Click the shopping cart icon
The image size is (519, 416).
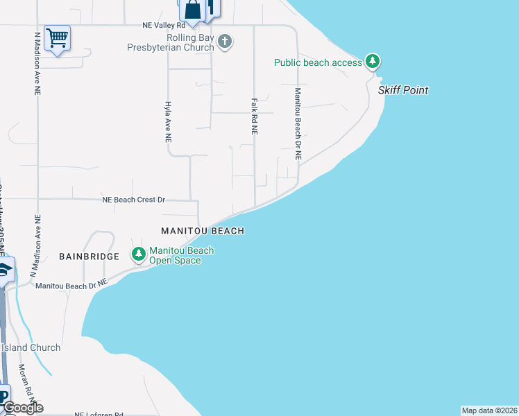(57, 37)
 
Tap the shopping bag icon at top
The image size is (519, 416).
(192, 10)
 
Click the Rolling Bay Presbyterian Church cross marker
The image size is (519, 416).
(224, 42)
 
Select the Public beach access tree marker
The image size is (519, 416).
(373, 62)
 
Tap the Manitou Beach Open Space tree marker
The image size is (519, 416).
(139, 255)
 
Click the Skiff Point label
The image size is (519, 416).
(403, 90)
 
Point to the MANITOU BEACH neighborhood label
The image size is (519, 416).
(203, 231)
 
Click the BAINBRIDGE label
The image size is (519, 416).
(94, 256)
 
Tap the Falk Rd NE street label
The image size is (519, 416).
(255, 115)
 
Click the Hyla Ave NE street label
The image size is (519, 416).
(168, 121)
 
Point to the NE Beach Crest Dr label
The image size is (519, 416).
(134, 200)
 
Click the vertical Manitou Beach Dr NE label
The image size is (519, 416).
(298, 124)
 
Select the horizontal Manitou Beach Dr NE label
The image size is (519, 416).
(71, 284)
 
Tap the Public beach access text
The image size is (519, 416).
(318, 62)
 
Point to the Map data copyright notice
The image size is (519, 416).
(490, 410)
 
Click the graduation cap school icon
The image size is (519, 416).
(4, 270)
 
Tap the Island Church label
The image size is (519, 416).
(31, 347)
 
